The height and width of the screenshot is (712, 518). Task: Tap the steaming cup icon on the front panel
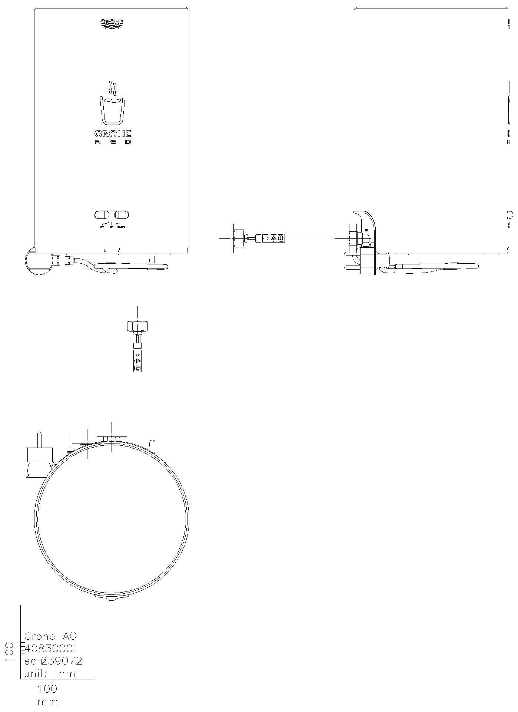[x=113, y=103]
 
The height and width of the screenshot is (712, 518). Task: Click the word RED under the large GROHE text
[x=113, y=142]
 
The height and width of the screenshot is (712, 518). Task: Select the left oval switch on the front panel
[x=102, y=215]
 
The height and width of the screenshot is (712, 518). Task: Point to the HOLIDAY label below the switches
[x=121, y=227]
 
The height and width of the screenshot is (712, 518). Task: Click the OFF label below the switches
[x=102, y=227]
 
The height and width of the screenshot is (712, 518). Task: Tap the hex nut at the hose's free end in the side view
[x=239, y=238]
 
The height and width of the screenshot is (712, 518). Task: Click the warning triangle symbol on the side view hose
[x=273, y=238]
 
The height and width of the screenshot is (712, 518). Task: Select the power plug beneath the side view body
[x=367, y=261]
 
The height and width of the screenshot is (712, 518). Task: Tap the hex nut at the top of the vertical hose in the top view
[x=137, y=326]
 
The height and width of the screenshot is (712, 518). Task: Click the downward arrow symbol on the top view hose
[x=137, y=353]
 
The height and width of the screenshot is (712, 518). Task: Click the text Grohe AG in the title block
[x=50, y=636]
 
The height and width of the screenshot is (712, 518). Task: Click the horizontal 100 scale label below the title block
[x=47, y=689]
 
